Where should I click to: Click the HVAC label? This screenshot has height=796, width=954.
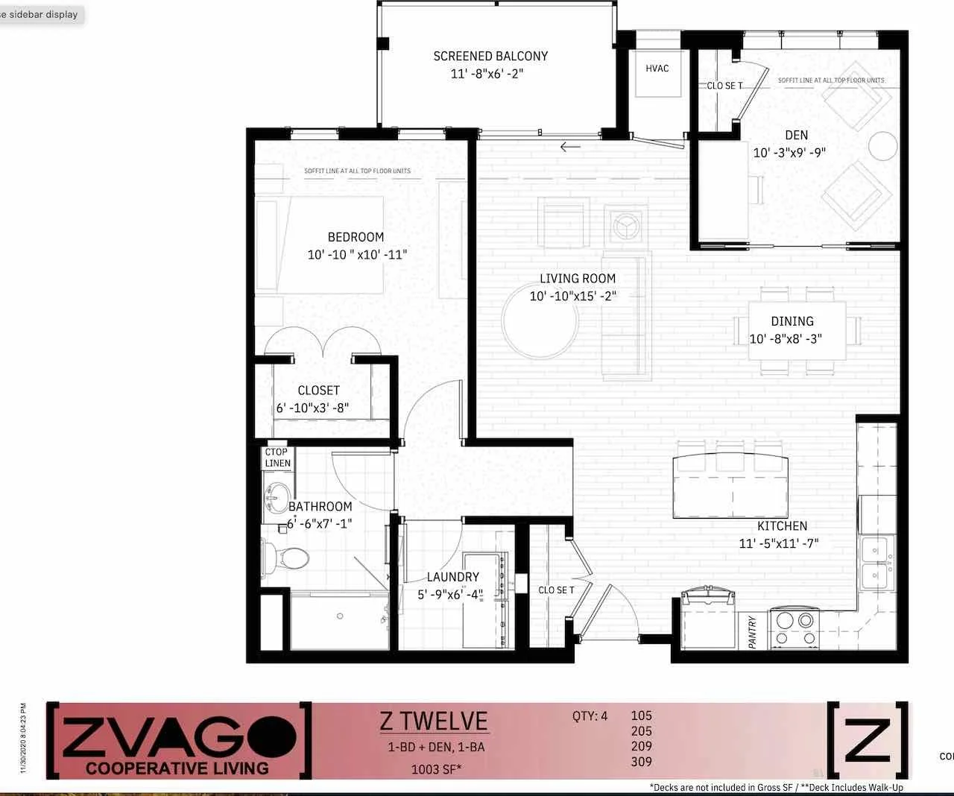point(657,69)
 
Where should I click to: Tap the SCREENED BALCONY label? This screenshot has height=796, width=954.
point(490,56)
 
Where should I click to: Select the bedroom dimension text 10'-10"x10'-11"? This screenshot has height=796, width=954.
point(357,255)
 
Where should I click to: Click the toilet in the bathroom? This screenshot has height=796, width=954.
point(287,557)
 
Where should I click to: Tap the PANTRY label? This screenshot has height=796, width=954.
point(753,631)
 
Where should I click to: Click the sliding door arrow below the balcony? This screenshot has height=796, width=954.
point(570,147)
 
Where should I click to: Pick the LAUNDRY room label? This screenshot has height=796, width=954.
point(452,577)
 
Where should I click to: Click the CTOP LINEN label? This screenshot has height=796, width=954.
point(277,458)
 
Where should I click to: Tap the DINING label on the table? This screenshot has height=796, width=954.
point(792,321)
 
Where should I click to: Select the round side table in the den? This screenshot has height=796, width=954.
point(883,146)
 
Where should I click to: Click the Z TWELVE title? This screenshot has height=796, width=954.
point(434,721)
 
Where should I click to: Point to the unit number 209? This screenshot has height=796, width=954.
point(641,746)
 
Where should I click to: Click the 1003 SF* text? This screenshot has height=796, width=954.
point(436,770)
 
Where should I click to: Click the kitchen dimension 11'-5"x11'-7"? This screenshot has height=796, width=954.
point(778,543)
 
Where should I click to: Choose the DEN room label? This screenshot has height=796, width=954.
point(796,135)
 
